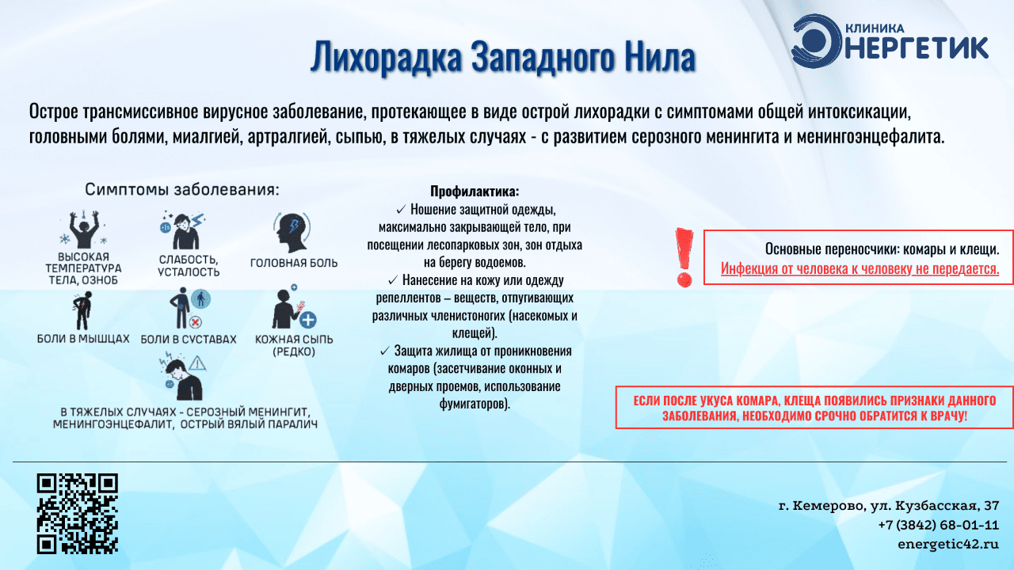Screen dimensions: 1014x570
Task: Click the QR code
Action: click(78, 514)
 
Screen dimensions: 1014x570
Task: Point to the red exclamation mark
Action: click(684, 258)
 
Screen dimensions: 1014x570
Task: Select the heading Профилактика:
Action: click(475, 192)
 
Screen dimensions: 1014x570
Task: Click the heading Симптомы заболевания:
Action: click(182, 189)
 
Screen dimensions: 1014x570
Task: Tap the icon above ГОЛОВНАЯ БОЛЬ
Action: click(292, 232)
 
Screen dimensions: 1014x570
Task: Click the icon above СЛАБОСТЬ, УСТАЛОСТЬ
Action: click(183, 230)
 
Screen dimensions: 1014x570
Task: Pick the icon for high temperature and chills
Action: click(83, 230)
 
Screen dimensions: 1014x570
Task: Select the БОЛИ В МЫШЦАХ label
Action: click(83, 339)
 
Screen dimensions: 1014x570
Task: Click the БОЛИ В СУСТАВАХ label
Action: click(189, 340)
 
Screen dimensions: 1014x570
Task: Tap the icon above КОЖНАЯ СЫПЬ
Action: click(294, 308)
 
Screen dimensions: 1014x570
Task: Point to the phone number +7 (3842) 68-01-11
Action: click(939, 525)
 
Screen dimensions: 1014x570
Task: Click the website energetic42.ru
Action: click(948, 544)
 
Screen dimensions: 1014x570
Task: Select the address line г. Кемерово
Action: click(889, 505)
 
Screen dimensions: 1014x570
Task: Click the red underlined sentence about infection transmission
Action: click(860, 268)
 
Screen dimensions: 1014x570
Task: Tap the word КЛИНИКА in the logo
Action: click(875, 28)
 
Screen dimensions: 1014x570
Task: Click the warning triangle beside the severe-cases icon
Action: click(198, 363)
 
